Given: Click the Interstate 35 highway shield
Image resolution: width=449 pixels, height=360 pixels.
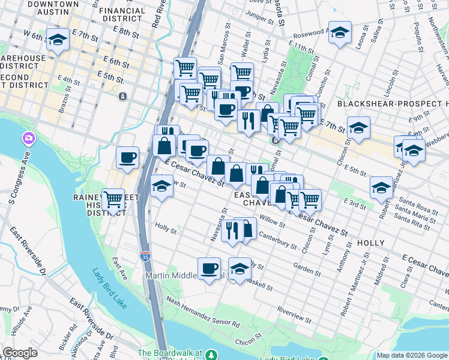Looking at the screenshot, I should click(x=145, y=256).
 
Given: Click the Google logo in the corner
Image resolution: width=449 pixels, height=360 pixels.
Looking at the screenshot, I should click(x=20, y=353).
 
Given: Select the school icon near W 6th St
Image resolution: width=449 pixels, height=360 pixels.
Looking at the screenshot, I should click(x=58, y=40).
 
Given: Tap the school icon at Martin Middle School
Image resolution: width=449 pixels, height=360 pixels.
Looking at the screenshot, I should click(x=240, y=269).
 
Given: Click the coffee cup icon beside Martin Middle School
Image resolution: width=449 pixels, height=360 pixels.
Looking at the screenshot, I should click(x=209, y=268).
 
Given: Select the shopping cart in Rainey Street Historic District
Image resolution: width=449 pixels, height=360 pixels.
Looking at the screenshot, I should click(x=113, y=199).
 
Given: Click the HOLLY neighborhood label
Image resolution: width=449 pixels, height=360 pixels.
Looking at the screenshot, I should click(x=371, y=242).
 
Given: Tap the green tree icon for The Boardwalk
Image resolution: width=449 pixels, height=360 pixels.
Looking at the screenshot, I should click(x=211, y=355).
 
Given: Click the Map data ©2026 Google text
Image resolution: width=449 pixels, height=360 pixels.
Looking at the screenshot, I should click(x=412, y=355).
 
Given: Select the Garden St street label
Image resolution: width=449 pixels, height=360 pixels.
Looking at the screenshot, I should click(x=307, y=269).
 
